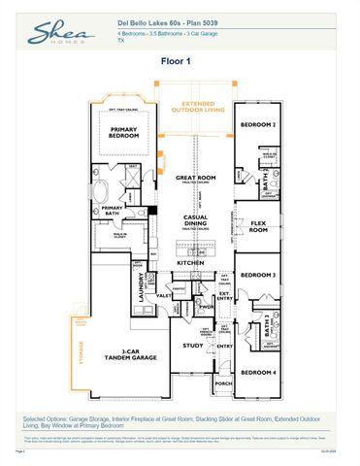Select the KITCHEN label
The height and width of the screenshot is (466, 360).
[190, 263]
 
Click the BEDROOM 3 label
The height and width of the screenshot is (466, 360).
[259, 276]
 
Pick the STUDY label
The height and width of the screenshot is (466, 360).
[193, 345]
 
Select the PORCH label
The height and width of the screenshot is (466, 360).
[223, 383]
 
